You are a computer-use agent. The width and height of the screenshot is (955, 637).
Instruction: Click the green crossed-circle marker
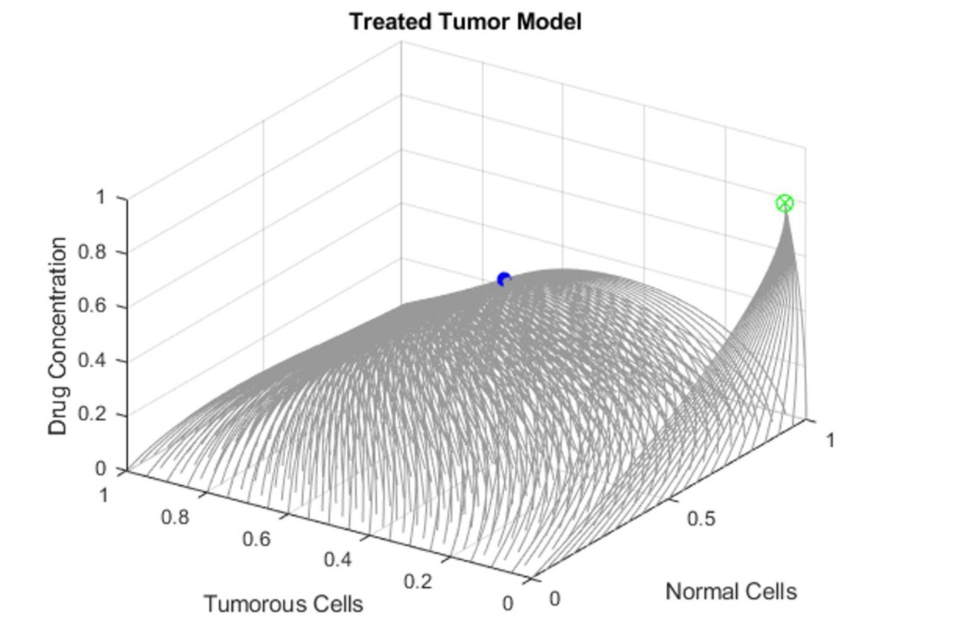785,204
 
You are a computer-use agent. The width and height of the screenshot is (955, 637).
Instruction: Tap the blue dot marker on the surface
504,279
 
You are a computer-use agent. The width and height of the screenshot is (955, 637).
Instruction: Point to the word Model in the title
550,22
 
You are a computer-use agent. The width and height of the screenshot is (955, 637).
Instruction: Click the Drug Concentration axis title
59,335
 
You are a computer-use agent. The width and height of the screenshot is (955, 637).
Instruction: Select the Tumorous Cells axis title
283,604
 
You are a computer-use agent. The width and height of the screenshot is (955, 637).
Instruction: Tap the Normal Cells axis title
731,591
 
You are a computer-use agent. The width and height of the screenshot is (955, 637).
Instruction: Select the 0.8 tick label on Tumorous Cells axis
175,517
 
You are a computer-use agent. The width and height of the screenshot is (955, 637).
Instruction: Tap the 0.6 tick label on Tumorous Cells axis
257,538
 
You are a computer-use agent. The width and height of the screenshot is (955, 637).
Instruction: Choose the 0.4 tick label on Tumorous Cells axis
338,560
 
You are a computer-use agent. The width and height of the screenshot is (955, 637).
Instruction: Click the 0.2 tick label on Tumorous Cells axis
419,581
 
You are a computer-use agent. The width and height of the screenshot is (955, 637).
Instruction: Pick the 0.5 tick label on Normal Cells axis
701,518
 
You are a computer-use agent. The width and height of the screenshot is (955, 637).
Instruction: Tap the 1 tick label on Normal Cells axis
830,440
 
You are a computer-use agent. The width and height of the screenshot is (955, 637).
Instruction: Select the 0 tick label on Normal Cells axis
554,598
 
